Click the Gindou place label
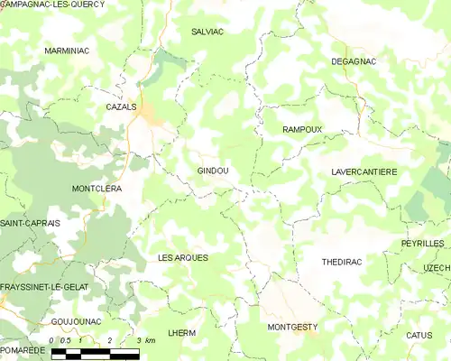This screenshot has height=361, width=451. [x=213, y=171]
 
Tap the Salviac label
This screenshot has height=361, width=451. [x=207, y=31]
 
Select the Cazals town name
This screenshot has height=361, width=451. [x=121, y=106]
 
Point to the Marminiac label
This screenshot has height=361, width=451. [x=66, y=51]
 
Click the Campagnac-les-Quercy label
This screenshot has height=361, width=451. [x=51, y=5]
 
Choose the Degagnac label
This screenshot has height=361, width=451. [x=354, y=60]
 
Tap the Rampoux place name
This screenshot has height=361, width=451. [x=302, y=130]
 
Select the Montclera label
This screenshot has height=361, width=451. [x=97, y=189]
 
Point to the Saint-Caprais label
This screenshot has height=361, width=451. [x=30, y=223]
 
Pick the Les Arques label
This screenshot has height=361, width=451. [x=183, y=258]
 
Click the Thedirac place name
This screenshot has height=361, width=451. [x=342, y=262]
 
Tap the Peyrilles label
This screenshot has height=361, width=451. [x=423, y=245]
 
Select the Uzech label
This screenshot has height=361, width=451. [x=437, y=269]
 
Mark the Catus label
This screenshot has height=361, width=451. [x=419, y=335]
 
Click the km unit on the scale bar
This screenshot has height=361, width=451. [x=150, y=340]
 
